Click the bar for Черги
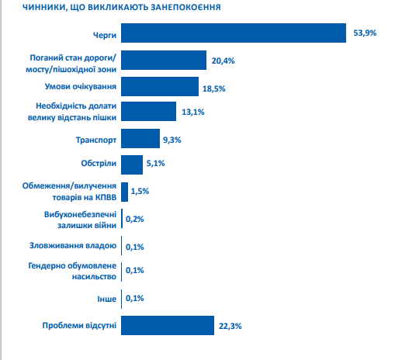click(234, 33)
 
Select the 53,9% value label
click(365, 33)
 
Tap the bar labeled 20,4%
click(164, 60)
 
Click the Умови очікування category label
click(81, 86)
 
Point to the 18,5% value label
click(213, 88)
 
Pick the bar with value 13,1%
click(148, 111)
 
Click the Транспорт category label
click(96, 140)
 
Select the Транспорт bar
click(140, 138)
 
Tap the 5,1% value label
click(155, 163)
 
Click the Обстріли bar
click(132, 164)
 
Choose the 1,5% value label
click(140, 191)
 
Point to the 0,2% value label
click(135, 219)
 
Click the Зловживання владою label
click(73, 245)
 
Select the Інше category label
click(107, 299)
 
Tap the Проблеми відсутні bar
click(168, 325)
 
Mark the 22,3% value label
click(230, 326)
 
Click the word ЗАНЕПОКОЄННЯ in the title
click(185, 7)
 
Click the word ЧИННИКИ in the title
click(43, 8)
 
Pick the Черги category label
click(105, 35)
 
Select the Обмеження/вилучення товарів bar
click(124, 192)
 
